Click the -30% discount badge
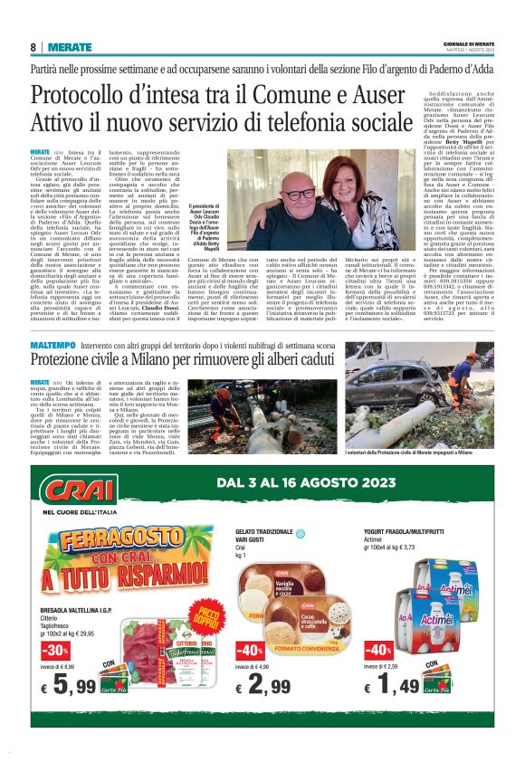[x=54, y=651]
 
